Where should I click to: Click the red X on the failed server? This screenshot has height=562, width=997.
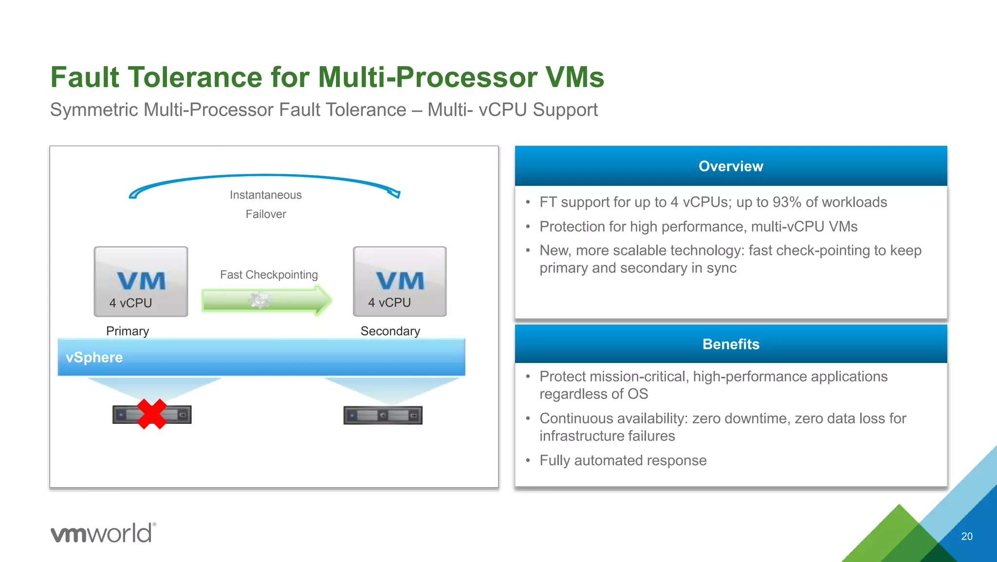[x=152, y=414]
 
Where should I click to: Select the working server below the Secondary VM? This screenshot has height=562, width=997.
[x=383, y=416]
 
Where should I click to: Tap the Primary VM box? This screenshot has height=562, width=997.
[x=141, y=281]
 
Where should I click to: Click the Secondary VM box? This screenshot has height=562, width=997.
[x=400, y=281]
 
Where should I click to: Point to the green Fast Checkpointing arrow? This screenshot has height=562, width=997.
[x=267, y=300]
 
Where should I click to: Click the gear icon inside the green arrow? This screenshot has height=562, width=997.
[x=260, y=300]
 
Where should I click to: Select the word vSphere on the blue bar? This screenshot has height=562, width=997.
[x=94, y=357]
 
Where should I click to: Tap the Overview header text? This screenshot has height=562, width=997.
[x=731, y=166]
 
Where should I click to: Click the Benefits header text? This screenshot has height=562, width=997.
[x=731, y=344]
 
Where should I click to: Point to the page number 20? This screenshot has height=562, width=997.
[x=967, y=536]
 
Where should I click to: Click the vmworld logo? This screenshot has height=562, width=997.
[x=103, y=533]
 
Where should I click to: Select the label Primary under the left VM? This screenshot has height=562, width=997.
[x=128, y=331]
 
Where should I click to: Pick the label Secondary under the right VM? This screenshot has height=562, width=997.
[x=390, y=331]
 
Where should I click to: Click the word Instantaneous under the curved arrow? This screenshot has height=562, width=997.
[x=266, y=195]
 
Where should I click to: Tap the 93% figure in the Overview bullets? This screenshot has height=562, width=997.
[x=787, y=202]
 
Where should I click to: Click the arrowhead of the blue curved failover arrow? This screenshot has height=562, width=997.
[x=395, y=193]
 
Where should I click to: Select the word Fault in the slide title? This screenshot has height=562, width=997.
[x=85, y=78]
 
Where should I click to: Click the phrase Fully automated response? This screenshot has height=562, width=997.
[x=623, y=460]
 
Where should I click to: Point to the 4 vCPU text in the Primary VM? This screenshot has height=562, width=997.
[x=130, y=303]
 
